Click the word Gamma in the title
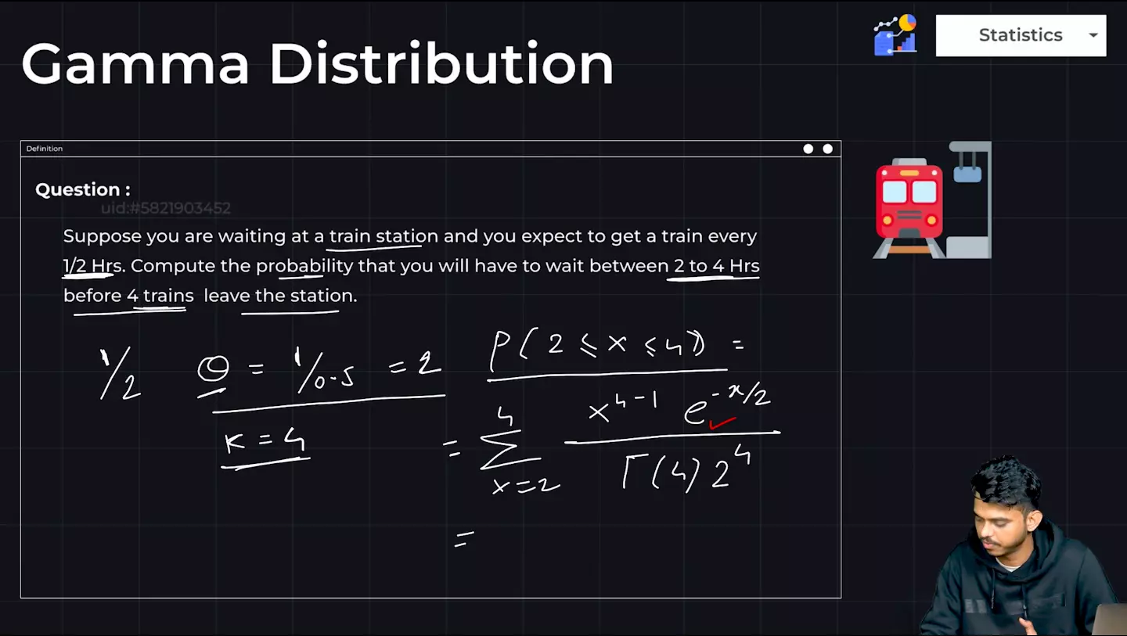point(135,64)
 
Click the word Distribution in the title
point(441,64)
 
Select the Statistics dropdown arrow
point(1093,35)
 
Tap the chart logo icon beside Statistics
point(895,34)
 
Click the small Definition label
point(45,149)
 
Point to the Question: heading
point(82,189)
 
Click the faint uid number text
point(166,208)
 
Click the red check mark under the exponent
point(722,423)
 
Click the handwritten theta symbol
point(214,369)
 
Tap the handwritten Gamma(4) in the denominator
point(660,473)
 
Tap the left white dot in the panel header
point(808,149)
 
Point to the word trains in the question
point(168,296)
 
